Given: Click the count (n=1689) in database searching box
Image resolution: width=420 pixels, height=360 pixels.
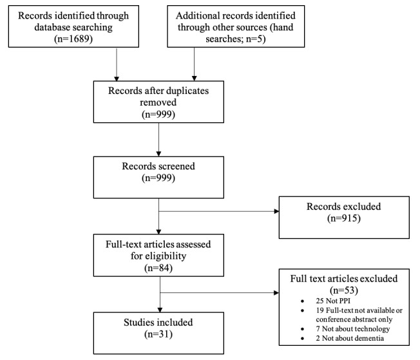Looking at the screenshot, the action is tap(73, 39).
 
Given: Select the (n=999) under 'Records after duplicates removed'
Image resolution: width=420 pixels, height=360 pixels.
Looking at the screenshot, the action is tap(158, 115).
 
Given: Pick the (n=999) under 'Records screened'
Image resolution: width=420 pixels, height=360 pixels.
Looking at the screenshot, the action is tap(158, 178).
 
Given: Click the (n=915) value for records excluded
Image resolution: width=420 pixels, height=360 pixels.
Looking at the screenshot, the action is tap(344, 218).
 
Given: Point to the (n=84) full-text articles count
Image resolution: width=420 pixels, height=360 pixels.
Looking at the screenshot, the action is tap(158, 268).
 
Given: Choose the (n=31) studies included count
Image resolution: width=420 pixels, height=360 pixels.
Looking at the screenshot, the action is tap(158, 334).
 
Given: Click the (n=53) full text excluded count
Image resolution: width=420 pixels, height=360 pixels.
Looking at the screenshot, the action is tap(344, 290).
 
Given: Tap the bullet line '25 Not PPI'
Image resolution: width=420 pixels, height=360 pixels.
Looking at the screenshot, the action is tap(333, 301).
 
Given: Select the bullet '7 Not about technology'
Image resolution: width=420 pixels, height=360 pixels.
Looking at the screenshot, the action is tap(353, 328).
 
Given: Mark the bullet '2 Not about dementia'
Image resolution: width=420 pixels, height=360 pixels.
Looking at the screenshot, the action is tap(350, 338).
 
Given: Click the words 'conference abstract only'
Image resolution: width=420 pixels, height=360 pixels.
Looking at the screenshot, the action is tap(354, 319).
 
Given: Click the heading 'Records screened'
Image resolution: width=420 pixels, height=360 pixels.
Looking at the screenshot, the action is tap(158, 166).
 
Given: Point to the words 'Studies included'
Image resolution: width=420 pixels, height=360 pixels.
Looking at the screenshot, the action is tap(158, 322).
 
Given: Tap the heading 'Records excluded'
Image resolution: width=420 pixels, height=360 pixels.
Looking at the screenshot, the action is tap(343, 207).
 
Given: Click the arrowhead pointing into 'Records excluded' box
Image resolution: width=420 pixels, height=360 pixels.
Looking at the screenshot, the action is tap(277, 211).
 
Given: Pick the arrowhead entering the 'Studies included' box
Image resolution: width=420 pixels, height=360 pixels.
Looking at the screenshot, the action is tap(160, 310).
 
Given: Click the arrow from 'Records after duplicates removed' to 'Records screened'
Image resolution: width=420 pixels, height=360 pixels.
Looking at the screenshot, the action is tap(158, 140).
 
